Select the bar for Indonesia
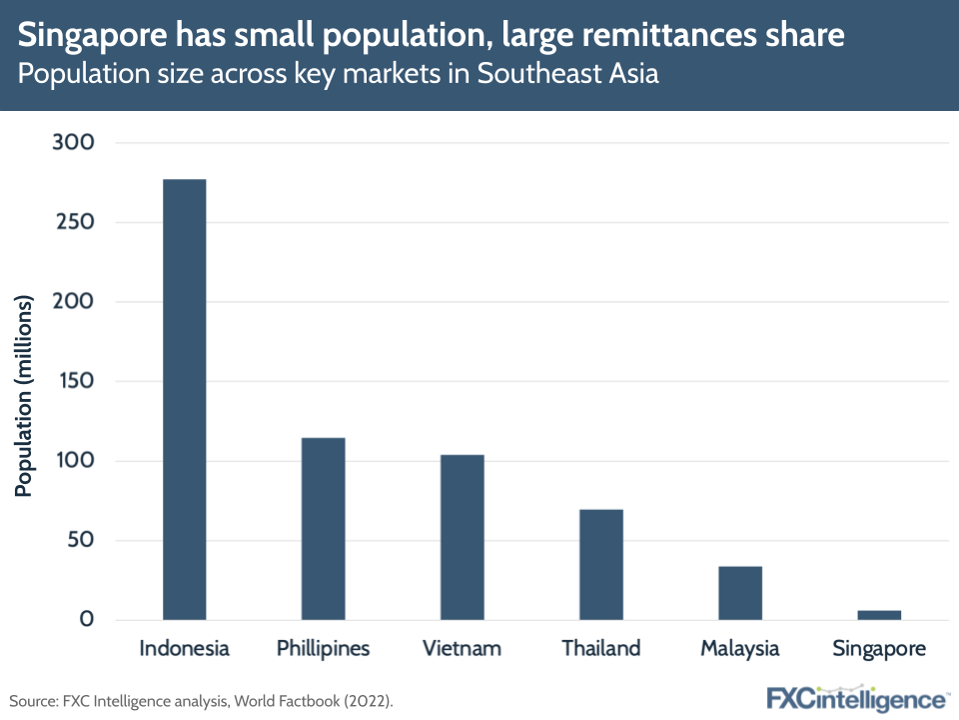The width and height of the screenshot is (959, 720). point(184,399)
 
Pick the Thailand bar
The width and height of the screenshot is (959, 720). point(600,564)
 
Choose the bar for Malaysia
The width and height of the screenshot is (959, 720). point(739,593)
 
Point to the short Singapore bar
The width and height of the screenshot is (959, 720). point(879,614)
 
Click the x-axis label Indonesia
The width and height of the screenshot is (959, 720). point(184,648)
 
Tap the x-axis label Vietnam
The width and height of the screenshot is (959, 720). point(462,648)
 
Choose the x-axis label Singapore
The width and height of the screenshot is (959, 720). point(879,648)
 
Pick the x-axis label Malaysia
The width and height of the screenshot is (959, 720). point(739,648)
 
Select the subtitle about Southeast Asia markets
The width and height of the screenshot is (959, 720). point(339,75)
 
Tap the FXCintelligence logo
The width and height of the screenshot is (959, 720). point(857,698)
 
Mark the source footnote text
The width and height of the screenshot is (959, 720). point(201,700)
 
